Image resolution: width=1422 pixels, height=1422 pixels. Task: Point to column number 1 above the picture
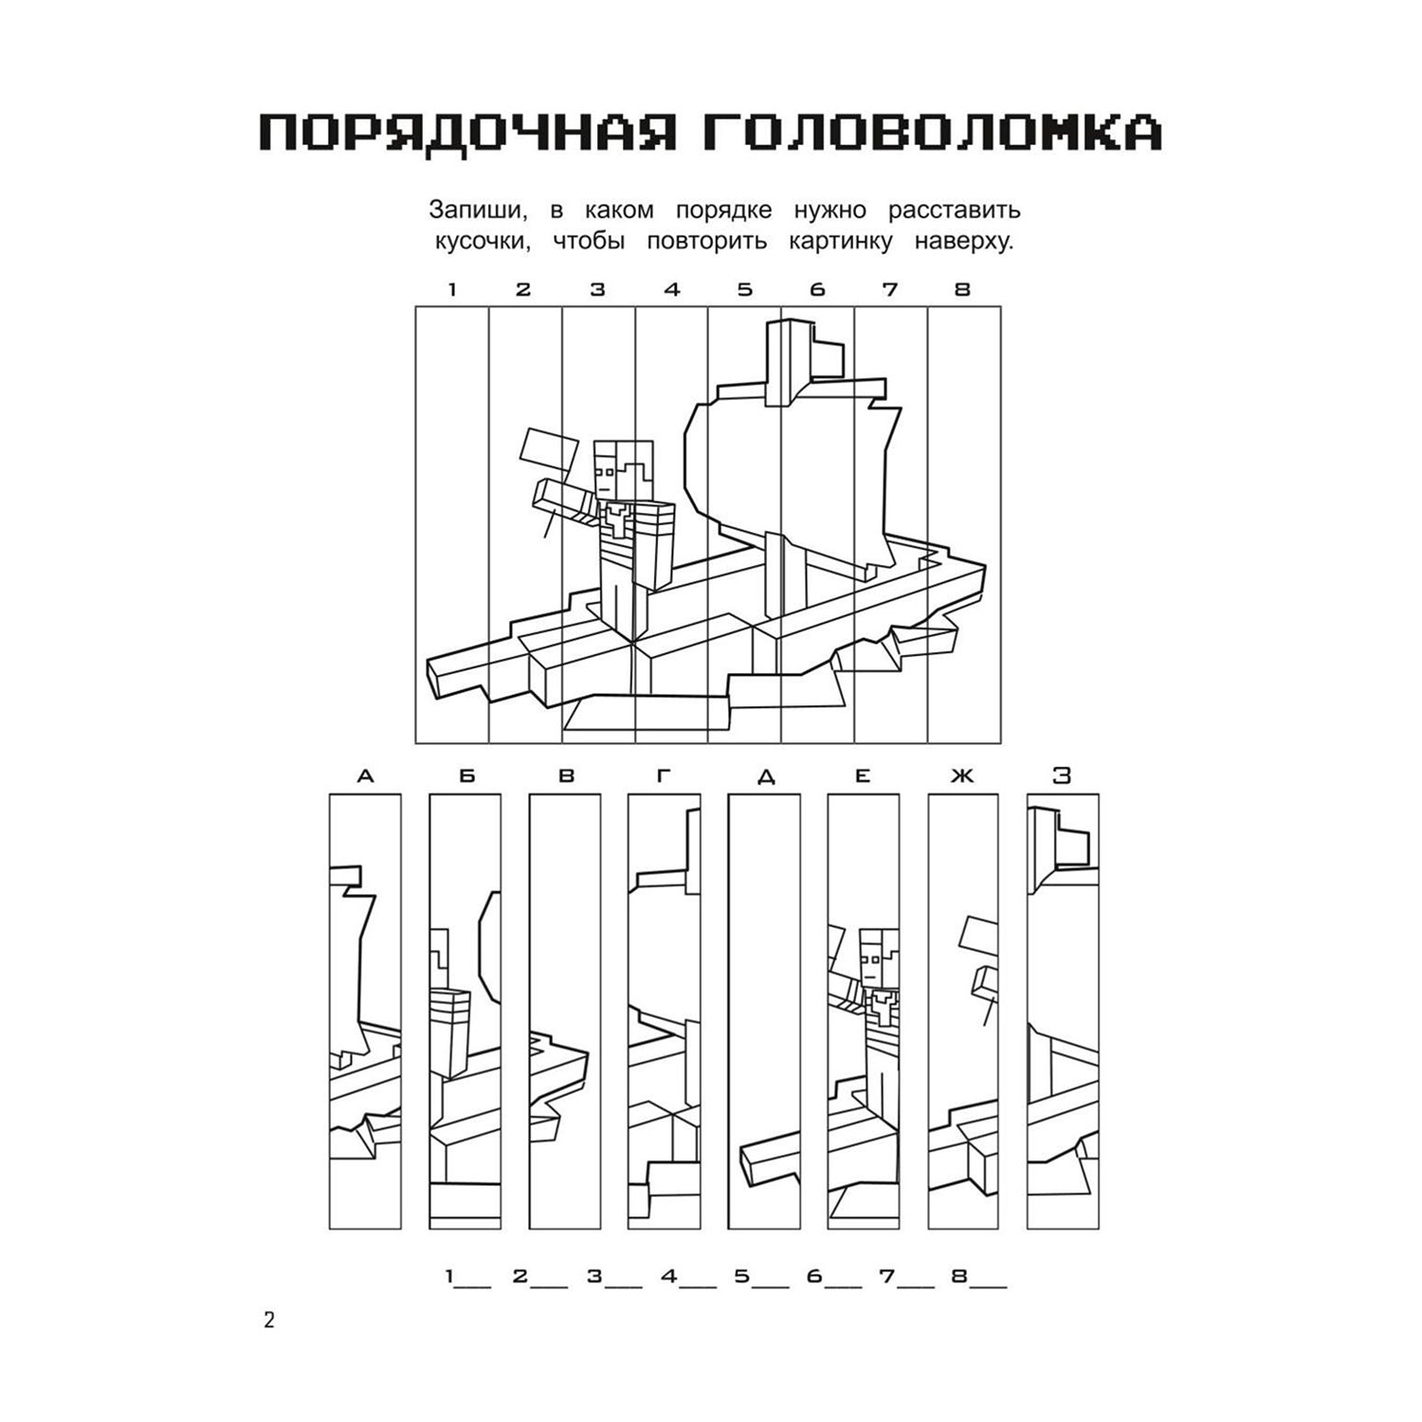click(x=452, y=290)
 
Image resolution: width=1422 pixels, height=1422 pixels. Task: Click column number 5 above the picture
click(x=745, y=290)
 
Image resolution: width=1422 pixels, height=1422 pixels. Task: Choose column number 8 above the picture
click(x=963, y=290)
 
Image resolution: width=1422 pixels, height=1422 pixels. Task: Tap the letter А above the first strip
click(x=365, y=777)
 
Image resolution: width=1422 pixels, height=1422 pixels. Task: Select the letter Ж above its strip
click(x=962, y=777)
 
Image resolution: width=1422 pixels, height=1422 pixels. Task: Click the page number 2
click(x=269, y=1321)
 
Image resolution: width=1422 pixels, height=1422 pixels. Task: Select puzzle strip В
click(x=565, y=1012)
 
